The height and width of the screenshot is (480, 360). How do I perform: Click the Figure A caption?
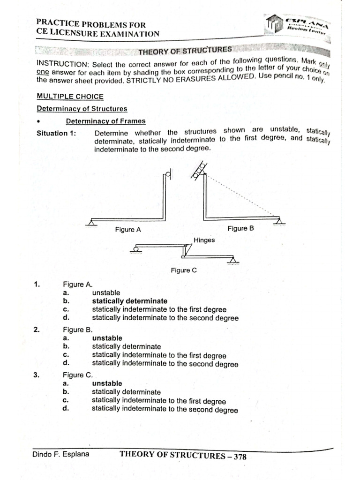[128, 230]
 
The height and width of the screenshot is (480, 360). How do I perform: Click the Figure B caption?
[240, 228]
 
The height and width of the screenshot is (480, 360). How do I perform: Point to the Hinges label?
[204, 240]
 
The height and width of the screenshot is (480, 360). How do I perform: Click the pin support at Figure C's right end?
[232, 261]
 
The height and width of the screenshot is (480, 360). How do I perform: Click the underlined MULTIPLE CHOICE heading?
[70, 96]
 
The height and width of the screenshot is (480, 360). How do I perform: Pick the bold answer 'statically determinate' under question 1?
[129, 301]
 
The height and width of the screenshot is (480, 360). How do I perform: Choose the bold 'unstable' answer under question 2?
[107, 338]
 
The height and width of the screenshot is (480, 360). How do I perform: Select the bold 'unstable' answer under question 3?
[107, 383]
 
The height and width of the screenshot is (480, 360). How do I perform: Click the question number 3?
[37, 375]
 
